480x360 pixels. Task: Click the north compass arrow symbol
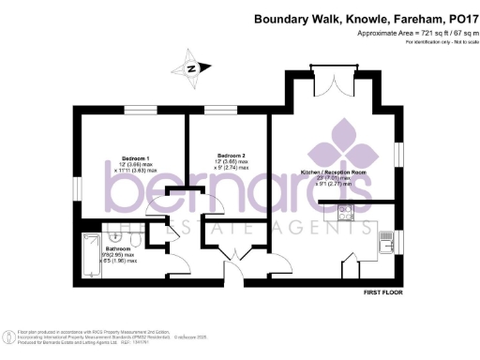tap(192, 68)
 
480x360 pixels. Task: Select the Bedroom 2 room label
tap(232, 155)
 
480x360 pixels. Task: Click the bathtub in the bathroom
tap(92, 254)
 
